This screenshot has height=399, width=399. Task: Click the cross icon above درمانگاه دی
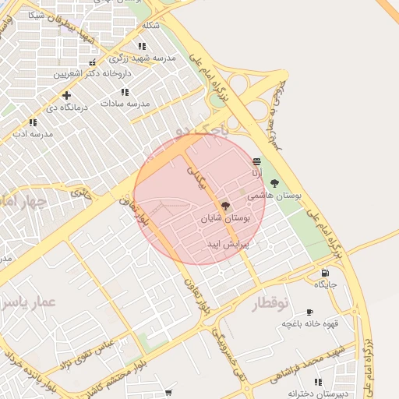tap(66, 95)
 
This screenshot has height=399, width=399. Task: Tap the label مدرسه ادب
tap(32, 134)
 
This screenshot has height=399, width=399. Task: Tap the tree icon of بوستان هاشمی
tap(274, 183)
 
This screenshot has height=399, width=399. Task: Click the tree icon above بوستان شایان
tap(225, 206)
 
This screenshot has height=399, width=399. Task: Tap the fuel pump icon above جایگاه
tap(324, 273)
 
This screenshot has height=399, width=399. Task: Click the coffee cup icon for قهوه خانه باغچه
tap(309, 311)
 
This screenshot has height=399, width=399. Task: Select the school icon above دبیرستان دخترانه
tap(318, 382)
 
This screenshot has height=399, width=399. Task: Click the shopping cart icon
tap(169, 394)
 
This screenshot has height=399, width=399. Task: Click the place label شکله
tap(150, 25)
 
